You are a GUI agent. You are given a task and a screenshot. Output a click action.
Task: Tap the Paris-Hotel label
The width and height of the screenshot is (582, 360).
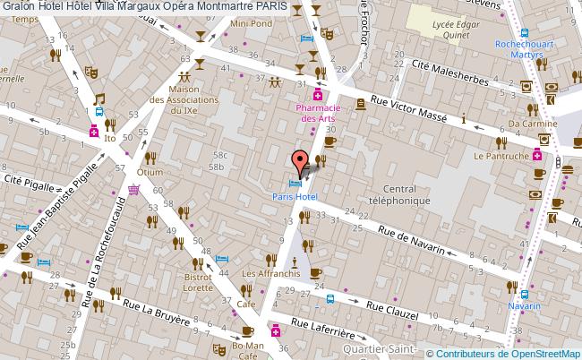(x=295, y=196)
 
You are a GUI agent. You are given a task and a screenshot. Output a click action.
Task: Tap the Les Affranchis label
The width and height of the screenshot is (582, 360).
(x=271, y=274)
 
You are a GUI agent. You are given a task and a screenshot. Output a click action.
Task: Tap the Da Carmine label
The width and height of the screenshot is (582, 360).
(x=527, y=124)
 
